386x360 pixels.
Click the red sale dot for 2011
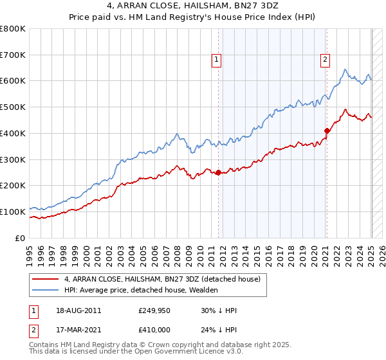click(x=218, y=172)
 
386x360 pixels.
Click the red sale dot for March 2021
click(x=327, y=130)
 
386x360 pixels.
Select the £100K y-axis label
click(x=14, y=212)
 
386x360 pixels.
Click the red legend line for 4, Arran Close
click(x=46, y=279)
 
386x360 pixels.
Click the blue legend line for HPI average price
click(x=46, y=290)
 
